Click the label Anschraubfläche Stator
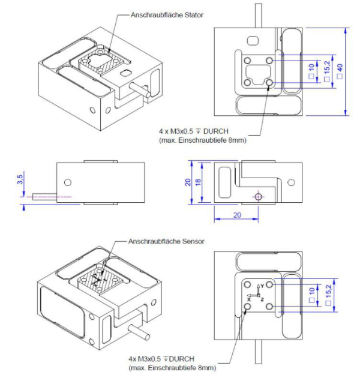tap(167, 15)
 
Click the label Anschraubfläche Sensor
tap(166, 241)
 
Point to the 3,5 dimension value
tap(20, 179)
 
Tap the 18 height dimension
tap(198, 182)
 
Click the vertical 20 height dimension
tap(188, 182)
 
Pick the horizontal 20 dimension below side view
tap(237, 215)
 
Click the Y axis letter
tap(262, 286)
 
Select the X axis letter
tap(249, 299)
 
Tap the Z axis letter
tap(262, 299)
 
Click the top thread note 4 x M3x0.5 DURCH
tap(194, 131)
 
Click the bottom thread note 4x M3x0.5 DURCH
tap(161, 359)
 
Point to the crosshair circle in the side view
tap(258, 197)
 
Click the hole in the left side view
tap(68, 182)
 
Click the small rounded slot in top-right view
tap(253, 41)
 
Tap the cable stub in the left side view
tap(44, 197)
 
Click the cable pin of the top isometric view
tap(139, 89)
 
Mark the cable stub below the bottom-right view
tap(258, 352)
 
